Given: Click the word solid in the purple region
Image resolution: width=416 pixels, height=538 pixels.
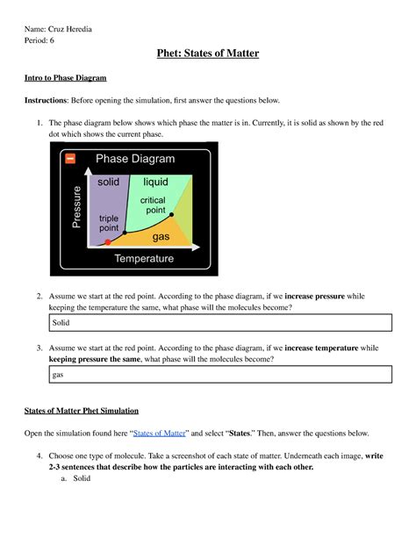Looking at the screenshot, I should click(x=108, y=182).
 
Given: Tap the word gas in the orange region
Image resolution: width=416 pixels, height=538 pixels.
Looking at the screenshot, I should click(x=161, y=237).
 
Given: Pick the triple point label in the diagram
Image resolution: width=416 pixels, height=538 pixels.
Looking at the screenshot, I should click(x=109, y=223).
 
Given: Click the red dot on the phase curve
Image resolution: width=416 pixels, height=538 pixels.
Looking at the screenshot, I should click(x=107, y=241).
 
